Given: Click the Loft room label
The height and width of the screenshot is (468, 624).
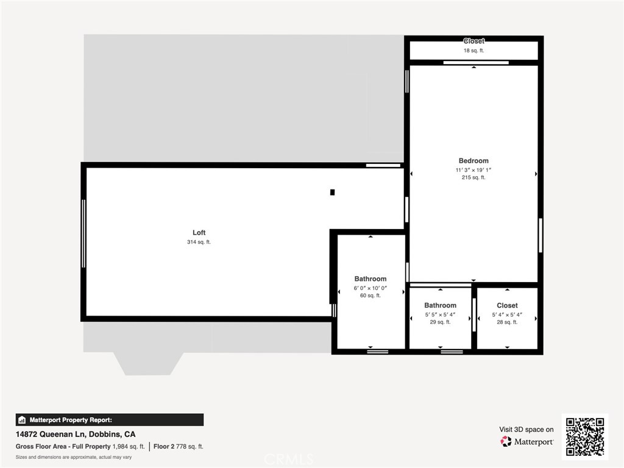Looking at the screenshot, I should [x=199, y=233].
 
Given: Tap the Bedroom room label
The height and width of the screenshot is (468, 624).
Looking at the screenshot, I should [x=473, y=161].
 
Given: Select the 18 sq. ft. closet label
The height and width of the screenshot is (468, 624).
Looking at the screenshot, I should [x=473, y=51].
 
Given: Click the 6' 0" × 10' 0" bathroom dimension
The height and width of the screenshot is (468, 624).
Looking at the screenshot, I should [x=370, y=288].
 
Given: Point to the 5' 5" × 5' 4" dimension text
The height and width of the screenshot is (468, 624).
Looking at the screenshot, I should [x=440, y=314].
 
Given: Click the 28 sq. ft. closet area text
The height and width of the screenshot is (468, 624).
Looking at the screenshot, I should [x=507, y=322].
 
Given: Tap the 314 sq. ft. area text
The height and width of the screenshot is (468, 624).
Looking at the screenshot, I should [x=199, y=243].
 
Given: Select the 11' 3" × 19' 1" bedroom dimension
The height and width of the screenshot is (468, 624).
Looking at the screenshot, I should [x=473, y=170].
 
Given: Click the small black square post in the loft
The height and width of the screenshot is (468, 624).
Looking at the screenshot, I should [x=332, y=193].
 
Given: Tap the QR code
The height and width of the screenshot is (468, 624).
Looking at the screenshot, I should [x=584, y=436].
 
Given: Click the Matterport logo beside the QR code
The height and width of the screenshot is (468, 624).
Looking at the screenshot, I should [x=526, y=441].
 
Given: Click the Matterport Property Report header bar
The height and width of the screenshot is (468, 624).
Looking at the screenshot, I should [x=110, y=420].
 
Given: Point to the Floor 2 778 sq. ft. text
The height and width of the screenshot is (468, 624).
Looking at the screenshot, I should [x=178, y=447].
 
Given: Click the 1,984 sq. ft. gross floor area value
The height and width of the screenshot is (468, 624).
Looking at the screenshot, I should [x=129, y=447].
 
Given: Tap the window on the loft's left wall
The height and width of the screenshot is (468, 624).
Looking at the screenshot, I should [x=83, y=241].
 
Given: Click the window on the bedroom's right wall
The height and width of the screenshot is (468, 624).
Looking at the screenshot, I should [x=540, y=235].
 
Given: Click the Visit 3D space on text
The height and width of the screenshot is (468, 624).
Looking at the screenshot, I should [x=526, y=430].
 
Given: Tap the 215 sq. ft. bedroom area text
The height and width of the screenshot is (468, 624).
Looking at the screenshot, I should [x=473, y=178].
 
